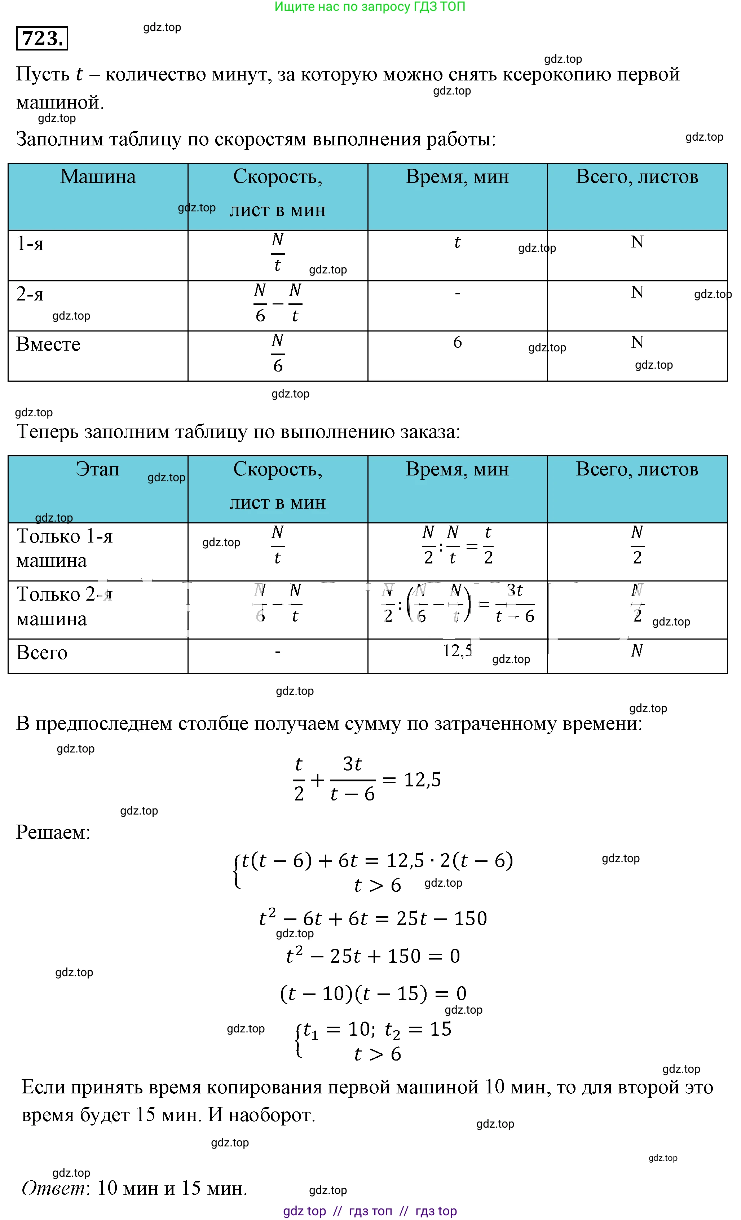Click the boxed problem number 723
click(x=42, y=38)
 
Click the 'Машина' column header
click(x=98, y=177)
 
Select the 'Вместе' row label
click(x=48, y=344)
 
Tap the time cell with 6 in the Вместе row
click(x=457, y=342)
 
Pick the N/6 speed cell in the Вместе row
click(x=278, y=352)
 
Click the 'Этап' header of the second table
click(x=97, y=469)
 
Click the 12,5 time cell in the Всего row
click(x=457, y=651)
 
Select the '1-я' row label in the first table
click(x=30, y=243)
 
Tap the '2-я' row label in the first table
click(x=30, y=294)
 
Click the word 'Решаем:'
click(x=53, y=832)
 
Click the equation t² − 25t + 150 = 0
click(x=373, y=956)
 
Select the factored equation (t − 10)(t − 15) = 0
click(x=373, y=993)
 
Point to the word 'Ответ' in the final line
click(x=53, y=1188)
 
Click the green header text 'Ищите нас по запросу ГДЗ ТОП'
click(x=370, y=7)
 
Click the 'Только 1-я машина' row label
click(x=64, y=548)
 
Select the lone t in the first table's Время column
click(x=457, y=242)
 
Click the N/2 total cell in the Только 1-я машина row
click(x=637, y=545)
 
